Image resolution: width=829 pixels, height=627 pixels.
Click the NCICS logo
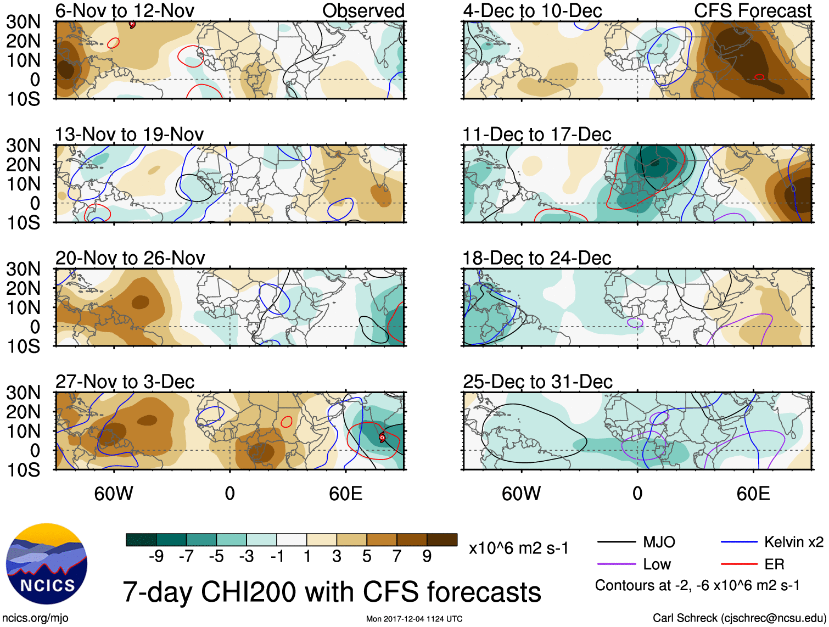(47, 564)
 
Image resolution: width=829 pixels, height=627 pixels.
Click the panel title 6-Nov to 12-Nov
(125, 10)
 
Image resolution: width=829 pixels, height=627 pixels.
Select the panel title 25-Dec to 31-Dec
(537, 382)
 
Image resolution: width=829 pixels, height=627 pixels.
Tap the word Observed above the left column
(363, 10)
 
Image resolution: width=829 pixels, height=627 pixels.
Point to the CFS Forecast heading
(753, 10)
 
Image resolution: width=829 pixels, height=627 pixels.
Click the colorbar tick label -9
(156, 557)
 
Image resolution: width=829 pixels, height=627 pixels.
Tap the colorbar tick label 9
(427, 557)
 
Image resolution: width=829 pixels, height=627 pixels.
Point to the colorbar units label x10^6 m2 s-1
(518, 548)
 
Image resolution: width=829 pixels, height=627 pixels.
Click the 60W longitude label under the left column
(114, 494)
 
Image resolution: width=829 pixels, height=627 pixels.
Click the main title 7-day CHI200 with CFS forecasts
(332, 592)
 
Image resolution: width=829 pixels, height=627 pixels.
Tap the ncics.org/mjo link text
(35, 618)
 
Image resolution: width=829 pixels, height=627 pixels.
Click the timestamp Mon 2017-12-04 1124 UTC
(414, 619)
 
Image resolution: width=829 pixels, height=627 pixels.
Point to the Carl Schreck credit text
(739, 618)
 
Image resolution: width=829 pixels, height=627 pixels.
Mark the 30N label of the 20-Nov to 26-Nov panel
(23, 269)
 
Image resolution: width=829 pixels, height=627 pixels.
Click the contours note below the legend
(697, 586)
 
